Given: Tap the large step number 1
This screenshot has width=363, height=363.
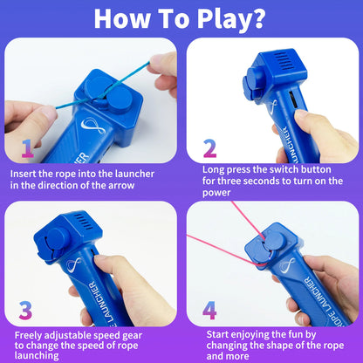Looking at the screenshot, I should [28, 148].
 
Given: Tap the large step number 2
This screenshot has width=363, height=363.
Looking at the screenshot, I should [209, 148].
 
